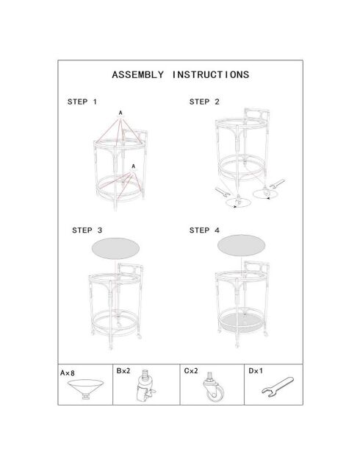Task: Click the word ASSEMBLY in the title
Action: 137,75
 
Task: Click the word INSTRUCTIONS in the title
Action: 211,75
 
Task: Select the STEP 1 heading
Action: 82,102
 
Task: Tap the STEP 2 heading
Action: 204,102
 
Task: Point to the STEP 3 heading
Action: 87,230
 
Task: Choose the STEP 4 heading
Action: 204,230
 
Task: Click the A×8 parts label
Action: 67,373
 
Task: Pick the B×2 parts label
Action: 123,371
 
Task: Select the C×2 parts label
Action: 191,371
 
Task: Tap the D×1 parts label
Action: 256,371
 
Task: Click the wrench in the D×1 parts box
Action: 278,387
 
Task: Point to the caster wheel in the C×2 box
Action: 214,387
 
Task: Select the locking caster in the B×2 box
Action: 145,387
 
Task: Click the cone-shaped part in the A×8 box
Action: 86,387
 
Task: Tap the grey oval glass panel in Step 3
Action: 115,248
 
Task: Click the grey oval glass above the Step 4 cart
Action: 241,245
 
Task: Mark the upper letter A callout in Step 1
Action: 120,113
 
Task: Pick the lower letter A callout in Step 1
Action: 133,166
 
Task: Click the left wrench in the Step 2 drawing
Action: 223,192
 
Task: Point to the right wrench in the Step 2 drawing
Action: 277,183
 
